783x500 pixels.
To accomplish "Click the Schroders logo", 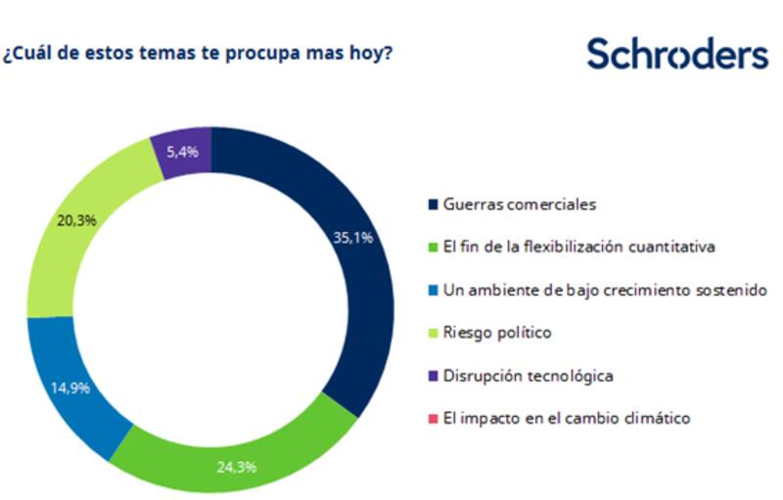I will tap(677, 54).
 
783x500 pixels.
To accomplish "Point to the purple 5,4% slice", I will tap(181, 152).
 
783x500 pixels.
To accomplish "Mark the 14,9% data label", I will tap(69, 386).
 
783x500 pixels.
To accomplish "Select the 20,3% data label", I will tap(76, 220).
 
